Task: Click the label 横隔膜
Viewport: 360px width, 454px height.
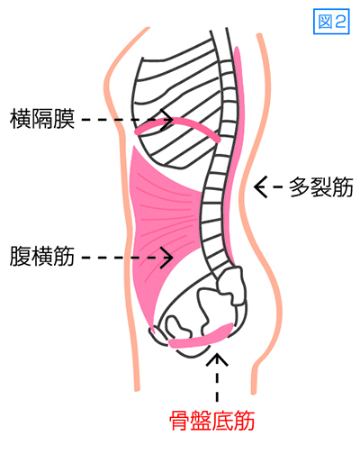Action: (42, 119)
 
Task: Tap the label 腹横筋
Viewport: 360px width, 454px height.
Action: (42, 256)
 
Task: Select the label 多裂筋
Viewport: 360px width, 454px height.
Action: (321, 187)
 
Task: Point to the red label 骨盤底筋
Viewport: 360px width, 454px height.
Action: (212, 421)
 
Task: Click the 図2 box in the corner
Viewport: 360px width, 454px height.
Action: (331, 22)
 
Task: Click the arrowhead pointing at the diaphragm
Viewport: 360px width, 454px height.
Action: (166, 120)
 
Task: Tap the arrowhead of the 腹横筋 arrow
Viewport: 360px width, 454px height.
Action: (166, 258)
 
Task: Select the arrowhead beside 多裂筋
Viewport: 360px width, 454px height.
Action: (260, 187)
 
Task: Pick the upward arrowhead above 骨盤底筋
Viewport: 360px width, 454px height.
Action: (217, 359)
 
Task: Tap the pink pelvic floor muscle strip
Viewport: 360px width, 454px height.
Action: (201, 338)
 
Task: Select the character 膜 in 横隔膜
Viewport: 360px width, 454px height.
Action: (64, 119)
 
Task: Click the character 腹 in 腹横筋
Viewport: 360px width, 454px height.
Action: (21, 256)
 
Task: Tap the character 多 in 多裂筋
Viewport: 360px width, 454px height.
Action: (300, 187)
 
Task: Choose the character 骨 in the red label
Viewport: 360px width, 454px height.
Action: (180, 421)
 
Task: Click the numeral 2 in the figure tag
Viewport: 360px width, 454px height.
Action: (340, 22)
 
